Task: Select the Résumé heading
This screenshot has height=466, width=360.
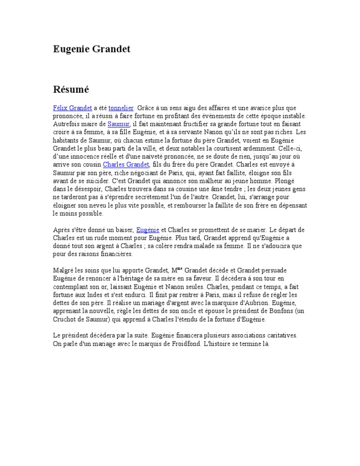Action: tap(70, 89)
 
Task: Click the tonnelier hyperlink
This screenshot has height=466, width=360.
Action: tap(121, 108)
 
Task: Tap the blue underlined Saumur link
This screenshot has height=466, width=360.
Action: tap(118, 124)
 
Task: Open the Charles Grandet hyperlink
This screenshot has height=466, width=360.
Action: tap(126, 165)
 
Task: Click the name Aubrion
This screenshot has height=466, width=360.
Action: tap(247, 303)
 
